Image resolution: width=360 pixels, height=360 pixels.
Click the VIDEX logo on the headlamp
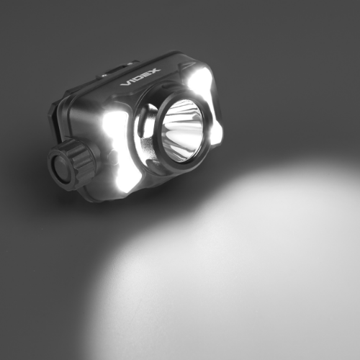point(140,77)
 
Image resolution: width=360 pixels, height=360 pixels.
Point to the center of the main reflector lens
point(182,130)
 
